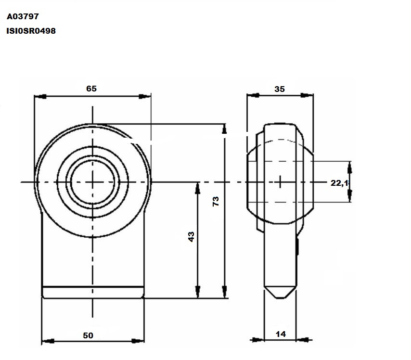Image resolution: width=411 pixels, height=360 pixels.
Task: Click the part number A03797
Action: [x=23, y=16]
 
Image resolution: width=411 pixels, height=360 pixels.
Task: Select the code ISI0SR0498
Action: [x=31, y=31]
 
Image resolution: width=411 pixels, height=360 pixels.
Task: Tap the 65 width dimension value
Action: [x=91, y=89]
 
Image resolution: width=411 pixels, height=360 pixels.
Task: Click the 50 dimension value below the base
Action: [x=88, y=335]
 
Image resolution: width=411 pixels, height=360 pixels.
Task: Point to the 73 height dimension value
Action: [x=216, y=201]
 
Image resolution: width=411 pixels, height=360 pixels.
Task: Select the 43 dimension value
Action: [x=192, y=237]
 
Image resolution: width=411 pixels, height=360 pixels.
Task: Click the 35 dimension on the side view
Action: [x=280, y=89]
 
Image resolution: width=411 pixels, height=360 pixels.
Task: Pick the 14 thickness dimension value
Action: [x=281, y=334]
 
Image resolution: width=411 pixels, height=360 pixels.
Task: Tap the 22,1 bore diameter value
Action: [x=340, y=183]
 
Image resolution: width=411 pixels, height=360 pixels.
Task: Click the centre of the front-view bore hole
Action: [x=92, y=182]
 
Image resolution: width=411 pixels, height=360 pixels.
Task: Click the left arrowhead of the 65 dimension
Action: [x=40, y=96]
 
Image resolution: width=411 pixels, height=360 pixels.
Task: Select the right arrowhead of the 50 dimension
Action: [x=138, y=341]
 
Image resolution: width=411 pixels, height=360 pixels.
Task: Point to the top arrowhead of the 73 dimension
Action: [x=224, y=129]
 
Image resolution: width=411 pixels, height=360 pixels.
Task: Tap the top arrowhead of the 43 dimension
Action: [x=198, y=188]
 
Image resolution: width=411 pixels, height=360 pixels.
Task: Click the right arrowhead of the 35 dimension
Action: [x=307, y=95]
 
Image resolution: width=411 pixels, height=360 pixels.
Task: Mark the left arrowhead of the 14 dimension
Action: [x=258, y=340]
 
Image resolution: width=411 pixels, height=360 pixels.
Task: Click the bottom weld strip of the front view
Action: [x=93, y=292]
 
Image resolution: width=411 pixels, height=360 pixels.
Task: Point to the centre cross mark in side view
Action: [x=280, y=182]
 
